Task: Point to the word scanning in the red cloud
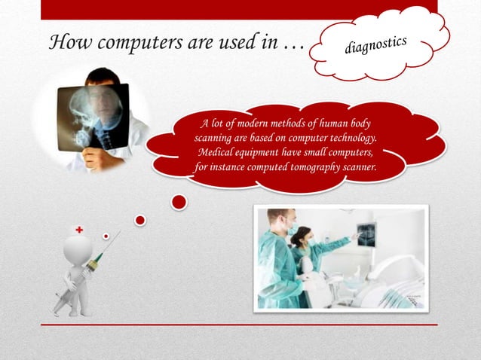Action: click(217, 138)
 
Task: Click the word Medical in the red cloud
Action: click(220, 152)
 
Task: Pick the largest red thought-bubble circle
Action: click(179, 202)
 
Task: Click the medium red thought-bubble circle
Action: click(140, 220)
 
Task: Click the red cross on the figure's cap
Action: click(78, 229)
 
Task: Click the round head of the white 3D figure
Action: click(77, 249)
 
